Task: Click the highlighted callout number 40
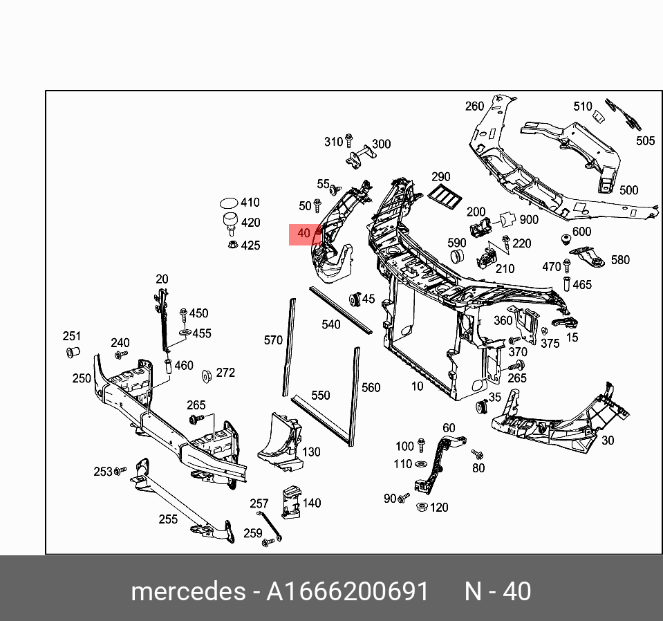click(304, 234)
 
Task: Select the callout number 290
click(440, 177)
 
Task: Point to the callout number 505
click(645, 141)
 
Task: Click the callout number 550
click(320, 396)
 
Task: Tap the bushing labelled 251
click(71, 353)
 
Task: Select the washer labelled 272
click(206, 376)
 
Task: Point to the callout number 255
click(168, 519)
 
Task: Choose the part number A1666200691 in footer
click(348, 592)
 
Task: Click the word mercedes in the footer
click(187, 592)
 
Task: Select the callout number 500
click(628, 190)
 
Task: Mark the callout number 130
click(311, 452)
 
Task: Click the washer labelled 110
click(421, 464)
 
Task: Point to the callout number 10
click(417, 387)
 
